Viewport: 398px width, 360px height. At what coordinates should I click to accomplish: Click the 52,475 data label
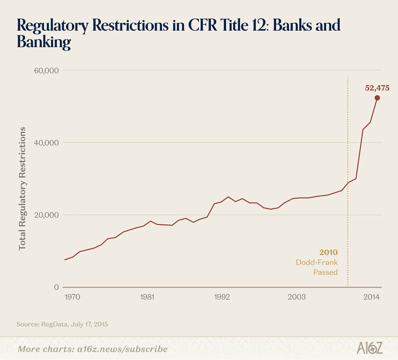377,88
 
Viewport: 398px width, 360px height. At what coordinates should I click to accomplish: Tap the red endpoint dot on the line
377,98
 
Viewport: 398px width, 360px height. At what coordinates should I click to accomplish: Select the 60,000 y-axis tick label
46,71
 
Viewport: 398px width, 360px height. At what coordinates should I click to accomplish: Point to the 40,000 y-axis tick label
46,143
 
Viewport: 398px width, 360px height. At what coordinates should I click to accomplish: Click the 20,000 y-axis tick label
46,215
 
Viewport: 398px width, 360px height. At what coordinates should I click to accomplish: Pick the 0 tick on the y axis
57,287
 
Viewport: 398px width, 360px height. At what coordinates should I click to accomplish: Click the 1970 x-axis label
72,297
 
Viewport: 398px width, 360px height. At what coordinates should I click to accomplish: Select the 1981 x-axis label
147,297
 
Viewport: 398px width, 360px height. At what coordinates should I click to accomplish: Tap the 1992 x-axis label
222,297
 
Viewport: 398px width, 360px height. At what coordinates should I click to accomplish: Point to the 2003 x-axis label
297,297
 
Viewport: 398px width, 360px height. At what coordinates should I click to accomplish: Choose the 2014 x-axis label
371,297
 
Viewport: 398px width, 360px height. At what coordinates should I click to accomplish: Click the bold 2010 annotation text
329,252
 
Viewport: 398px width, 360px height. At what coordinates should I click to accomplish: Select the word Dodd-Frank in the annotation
317,262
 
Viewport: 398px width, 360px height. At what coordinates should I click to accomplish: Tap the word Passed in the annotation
326,272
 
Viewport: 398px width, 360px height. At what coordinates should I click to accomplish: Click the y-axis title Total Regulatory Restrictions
22,189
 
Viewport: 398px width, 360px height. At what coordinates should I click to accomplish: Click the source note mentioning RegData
62,324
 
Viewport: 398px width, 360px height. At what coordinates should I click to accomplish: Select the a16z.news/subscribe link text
122,349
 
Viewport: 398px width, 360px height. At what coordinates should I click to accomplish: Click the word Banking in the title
44,42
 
